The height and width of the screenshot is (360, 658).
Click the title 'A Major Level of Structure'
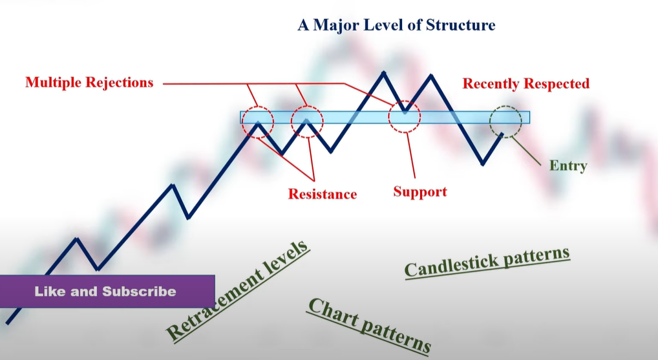[396, 26]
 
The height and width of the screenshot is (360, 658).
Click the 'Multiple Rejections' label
[89, 83]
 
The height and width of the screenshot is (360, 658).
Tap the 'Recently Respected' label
[525, 84]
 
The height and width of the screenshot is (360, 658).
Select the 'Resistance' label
[322, 194]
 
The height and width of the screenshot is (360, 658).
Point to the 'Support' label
[419, 192]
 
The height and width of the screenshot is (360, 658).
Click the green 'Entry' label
[568, 166]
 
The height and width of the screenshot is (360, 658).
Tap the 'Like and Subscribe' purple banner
[107, 291]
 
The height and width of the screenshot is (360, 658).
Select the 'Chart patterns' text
[369, 326]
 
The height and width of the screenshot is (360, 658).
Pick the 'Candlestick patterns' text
[487, 262]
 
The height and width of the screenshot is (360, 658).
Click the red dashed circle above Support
[405, 116]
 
